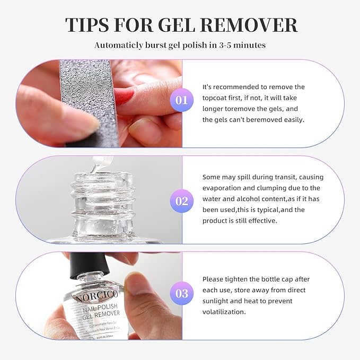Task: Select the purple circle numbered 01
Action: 182,100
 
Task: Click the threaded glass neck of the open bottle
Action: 97,196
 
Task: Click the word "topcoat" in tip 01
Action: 216,98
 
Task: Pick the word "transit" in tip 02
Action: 280,177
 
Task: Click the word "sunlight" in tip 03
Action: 218,301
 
